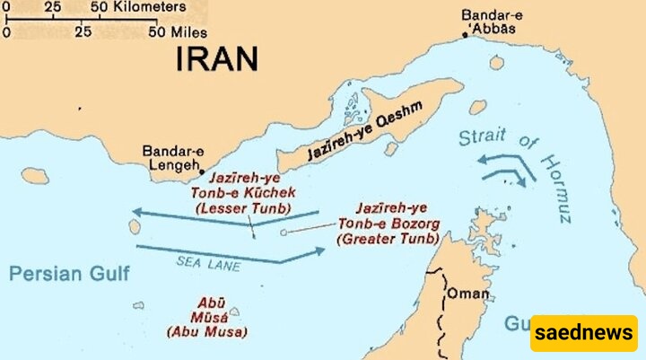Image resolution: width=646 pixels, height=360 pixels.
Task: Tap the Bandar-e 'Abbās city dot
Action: pyautogui.click(x=465, y=35)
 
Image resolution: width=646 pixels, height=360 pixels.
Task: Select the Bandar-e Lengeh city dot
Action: pyautogui.click(x=203, y=171)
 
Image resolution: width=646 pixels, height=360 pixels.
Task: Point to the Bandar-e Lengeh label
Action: pyautogui.click(x=170, y=158)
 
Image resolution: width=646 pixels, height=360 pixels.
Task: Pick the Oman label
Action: pyautogui.click(x=469, y=294)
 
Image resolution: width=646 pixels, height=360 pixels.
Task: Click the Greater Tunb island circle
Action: pyautogui.click(x=284, y=233)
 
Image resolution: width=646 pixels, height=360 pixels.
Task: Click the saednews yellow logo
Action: pyautogui.click(x=583, y=333)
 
